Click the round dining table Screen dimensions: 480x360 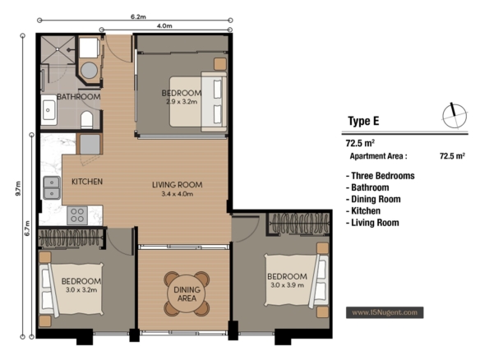click(187, 293)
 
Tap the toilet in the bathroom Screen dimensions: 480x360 click(86, 120)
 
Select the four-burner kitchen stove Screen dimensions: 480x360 click(77, 215)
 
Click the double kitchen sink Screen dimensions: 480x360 click(52, 187)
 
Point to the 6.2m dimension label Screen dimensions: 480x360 click(138, 16)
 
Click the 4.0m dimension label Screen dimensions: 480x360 click(164, 26)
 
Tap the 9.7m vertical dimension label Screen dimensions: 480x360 click(18, 188)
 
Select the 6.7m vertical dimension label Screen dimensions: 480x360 click(28, 228)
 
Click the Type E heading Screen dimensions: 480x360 click(363, 121)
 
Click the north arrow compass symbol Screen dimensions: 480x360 click(455, 116)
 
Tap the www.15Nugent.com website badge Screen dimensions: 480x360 click(385, 312)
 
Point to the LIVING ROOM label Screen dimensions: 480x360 click(178, 185)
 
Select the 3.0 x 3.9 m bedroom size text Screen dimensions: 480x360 click(287, 285)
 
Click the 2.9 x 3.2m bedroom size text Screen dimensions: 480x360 click(182, 102)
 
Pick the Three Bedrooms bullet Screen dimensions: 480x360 click(381, 176)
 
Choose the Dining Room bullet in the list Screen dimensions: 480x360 click(373, 199)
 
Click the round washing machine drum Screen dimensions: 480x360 click(89, 70)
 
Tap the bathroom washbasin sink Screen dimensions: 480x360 click(49, 110)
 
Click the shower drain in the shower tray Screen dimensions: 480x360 click(58, 49)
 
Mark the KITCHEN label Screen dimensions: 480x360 click(87, 182)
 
